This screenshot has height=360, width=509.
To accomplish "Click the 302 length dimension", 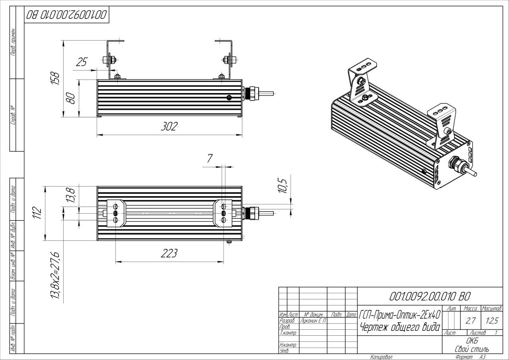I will (169, 127).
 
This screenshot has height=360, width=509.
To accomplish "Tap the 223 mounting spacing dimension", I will (169, 253).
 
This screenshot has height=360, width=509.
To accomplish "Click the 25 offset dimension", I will (82, 62).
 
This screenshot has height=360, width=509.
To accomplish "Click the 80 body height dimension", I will (70, 98).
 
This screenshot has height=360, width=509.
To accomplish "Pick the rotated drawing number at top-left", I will (67, 15).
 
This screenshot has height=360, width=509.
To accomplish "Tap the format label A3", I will (483, 357).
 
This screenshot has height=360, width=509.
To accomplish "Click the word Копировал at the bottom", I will (381, 357).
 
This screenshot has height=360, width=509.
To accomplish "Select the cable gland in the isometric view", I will (457, 165).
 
